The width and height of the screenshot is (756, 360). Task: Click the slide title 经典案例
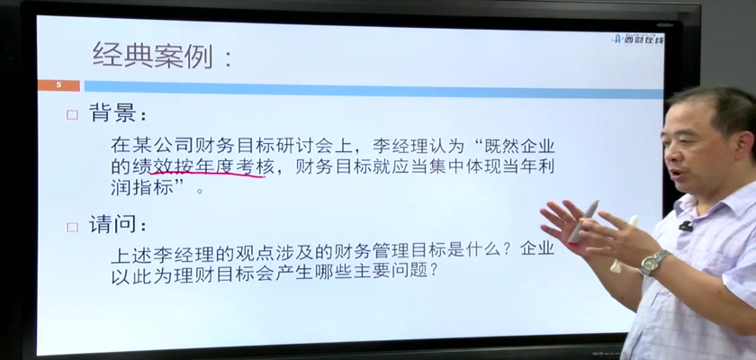(153, 56)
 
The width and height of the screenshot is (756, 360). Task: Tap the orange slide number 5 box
(58, 85)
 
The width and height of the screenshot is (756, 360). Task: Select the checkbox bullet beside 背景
(72, 115)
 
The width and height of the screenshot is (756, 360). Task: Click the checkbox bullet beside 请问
(72, 227)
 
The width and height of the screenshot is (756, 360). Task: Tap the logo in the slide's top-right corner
(637, 39)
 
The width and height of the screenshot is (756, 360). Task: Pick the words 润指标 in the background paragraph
(142, 187)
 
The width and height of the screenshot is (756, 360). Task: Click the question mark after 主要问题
(433, 271)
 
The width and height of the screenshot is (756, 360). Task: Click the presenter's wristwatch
(655, 262)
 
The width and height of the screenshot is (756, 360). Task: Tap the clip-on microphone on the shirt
(685, 226)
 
